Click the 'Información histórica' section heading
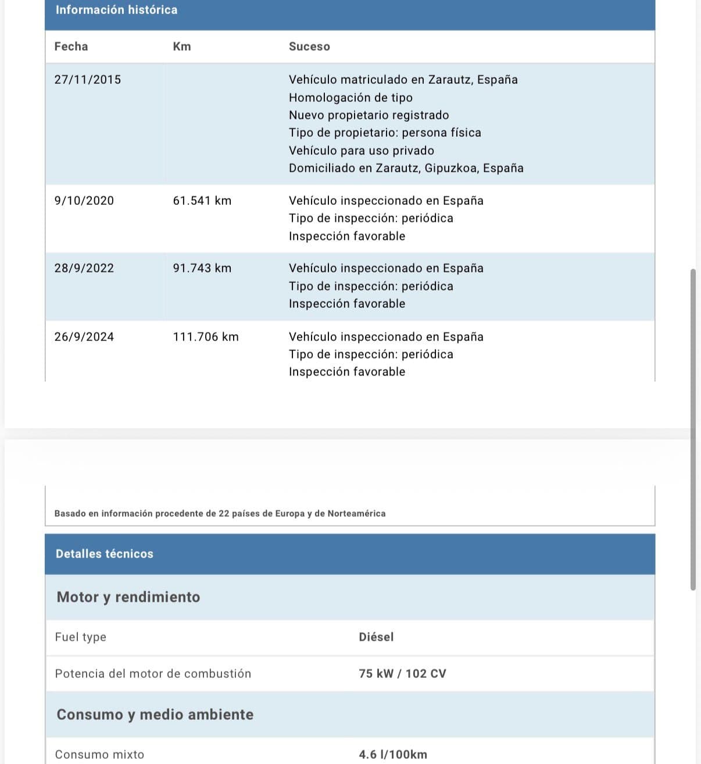[x=116, y=10]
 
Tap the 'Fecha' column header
[x=71, y=47]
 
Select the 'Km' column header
[x=181, y=47]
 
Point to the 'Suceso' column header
[x=309, y=47]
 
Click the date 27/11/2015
[x=88, y=80]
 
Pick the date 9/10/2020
[x=84, y=201]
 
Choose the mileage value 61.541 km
[x=202, y=201]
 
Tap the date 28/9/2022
[x=84, y=268]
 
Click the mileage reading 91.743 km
[x=202, y=268]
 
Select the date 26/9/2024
[x=84, y=337]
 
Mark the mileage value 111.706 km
[x=206, y=337]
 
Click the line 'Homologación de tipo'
[x=350, y=98]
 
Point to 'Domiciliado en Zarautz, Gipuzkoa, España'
[x=406, y=168]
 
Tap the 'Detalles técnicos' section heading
[x=105, y=554]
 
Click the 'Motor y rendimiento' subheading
[x=128, y=597]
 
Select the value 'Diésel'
[x=376, y=637]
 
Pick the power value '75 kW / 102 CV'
[x=402, y=674]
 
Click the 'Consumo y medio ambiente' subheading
[x=155, y=715]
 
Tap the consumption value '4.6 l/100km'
[x=393, y=755]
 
